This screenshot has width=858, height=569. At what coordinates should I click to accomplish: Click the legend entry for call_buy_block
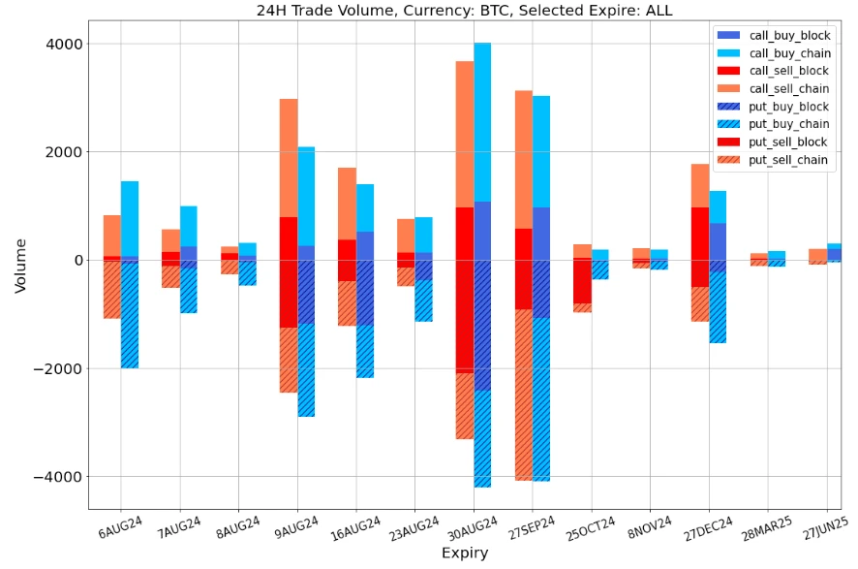click(x=796, y=35)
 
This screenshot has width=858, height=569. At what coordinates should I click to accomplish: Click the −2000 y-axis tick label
click(x=59, y=368)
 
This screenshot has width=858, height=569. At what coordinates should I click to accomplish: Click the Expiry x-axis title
click(x=465, y=553)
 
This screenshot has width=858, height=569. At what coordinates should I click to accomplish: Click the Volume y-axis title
click(x=20, y=266)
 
